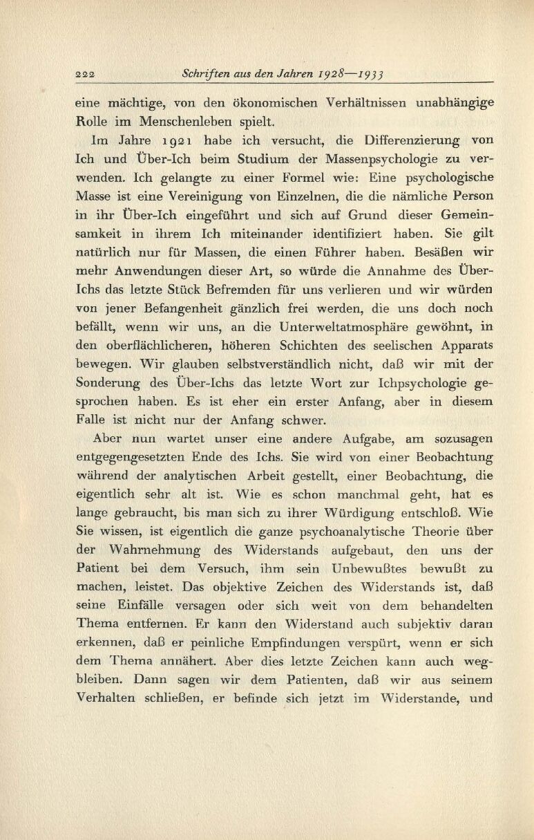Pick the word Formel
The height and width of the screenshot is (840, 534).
tap(255, 178)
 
